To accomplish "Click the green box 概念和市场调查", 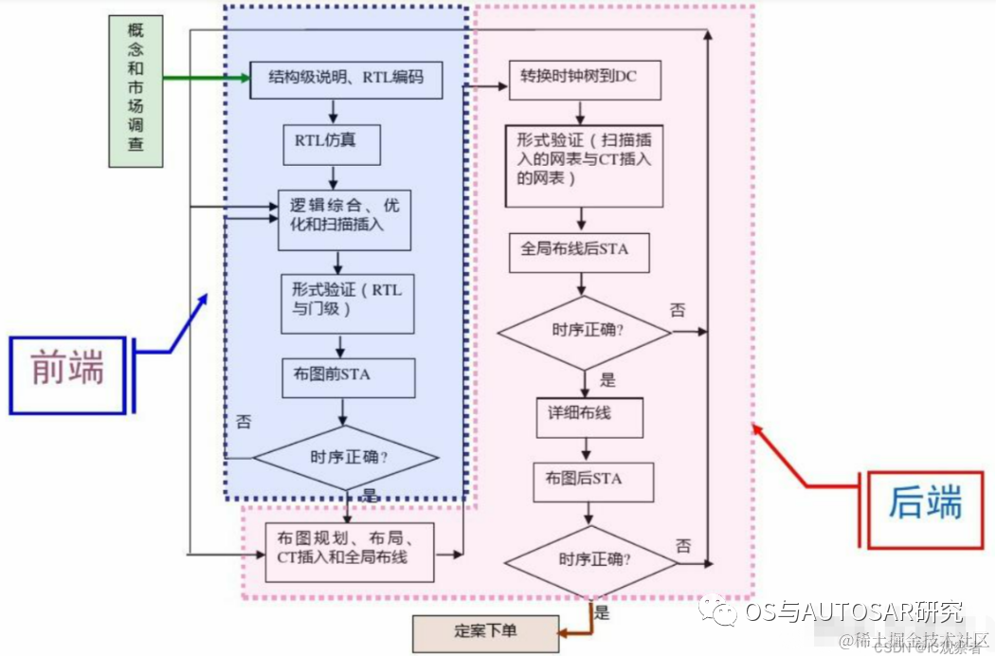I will coord(135,91).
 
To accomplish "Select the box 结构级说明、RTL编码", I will coord(346,80).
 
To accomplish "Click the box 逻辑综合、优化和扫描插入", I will coord(345,221).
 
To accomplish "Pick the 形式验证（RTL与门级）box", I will coord(348,302).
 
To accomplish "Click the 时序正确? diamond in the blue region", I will coord(347,457).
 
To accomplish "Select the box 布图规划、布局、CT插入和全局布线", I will coord(350,551).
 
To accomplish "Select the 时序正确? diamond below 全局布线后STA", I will coord(584,331).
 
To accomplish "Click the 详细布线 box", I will coord(589,417).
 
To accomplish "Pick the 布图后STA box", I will coord(593,481).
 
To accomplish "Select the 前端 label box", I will coord(67,374).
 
